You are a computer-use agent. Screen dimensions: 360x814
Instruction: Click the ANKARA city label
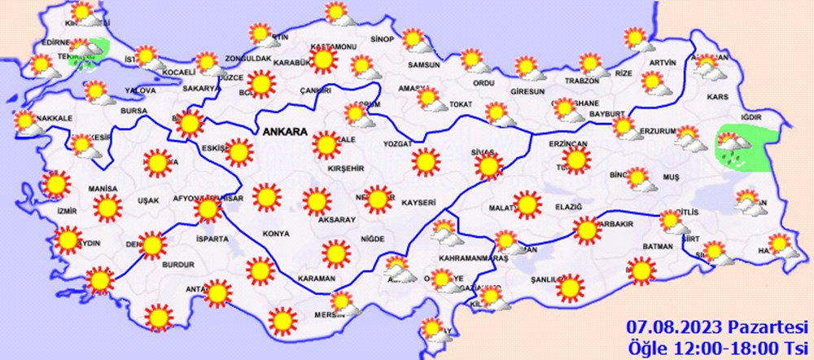pos(284,130)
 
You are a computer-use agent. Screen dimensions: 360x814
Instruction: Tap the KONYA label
pos(277,234)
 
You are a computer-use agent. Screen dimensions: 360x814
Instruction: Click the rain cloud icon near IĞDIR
pos(735,147)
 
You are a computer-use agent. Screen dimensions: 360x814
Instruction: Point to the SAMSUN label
pos(424,65)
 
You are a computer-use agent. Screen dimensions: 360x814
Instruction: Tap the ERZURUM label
pos(656,130)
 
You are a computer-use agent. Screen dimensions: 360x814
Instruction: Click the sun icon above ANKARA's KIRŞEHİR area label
pos(326,145)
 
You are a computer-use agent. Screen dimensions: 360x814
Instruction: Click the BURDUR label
pos(177,264)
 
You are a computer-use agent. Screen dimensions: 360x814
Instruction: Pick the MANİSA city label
pos(103,188)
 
